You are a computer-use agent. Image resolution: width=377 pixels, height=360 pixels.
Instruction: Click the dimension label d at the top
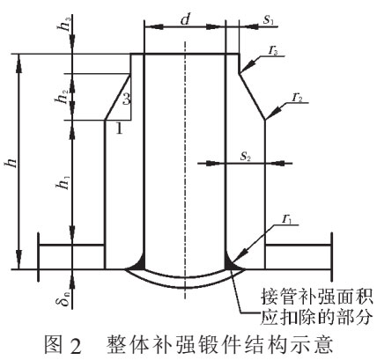coord(185,19)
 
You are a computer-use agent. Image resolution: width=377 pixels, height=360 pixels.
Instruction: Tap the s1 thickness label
coord(269,19)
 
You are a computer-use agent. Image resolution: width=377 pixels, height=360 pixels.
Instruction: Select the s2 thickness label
coord(246,156)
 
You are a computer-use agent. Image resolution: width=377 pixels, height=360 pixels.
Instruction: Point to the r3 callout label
coord(274,50)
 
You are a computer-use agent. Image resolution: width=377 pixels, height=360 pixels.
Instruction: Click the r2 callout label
coord(298,98)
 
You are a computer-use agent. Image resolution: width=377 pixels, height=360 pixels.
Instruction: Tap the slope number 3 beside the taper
coord(126,99)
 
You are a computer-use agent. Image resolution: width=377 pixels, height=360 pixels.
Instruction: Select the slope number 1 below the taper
coord(119,128)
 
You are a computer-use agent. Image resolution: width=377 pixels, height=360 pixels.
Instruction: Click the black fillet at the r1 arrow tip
coord(232,263)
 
